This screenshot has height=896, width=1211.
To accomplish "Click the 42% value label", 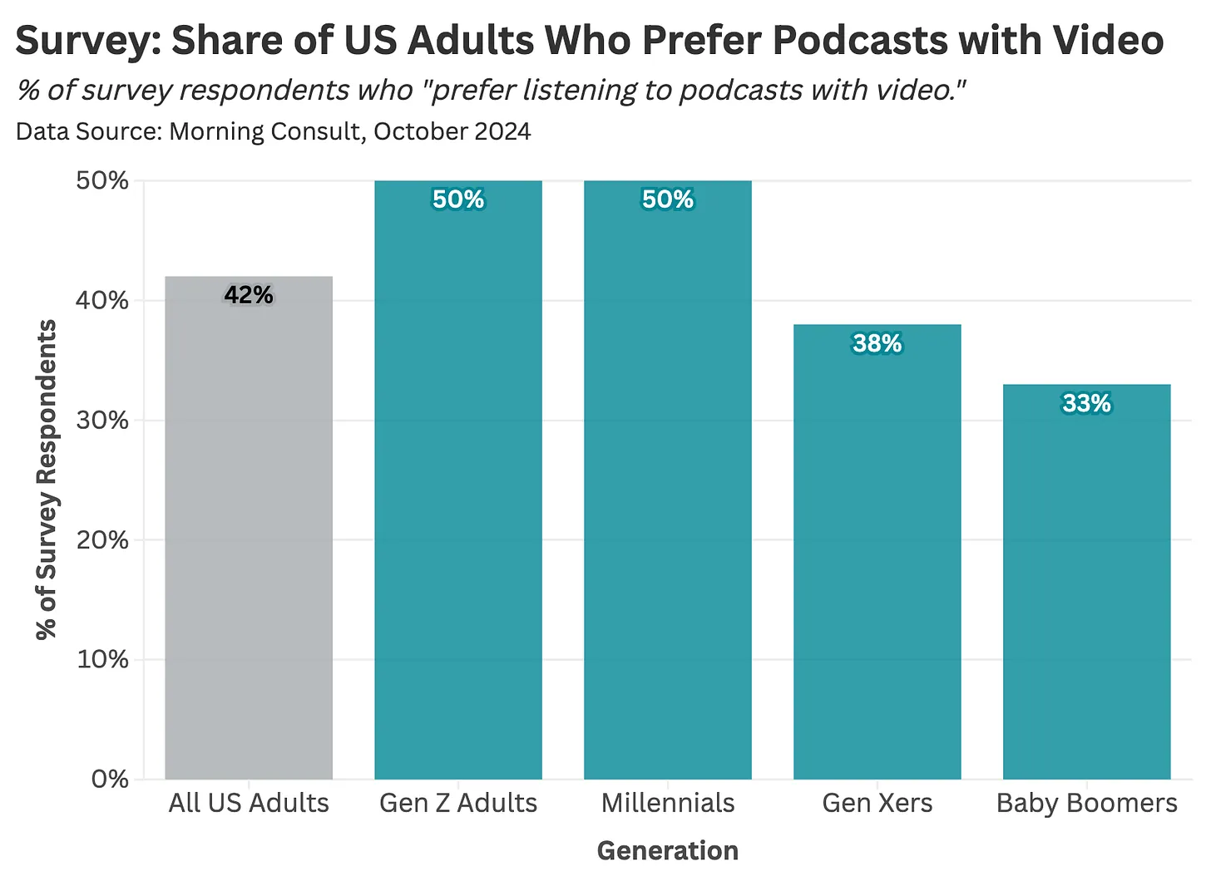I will coord(249,295).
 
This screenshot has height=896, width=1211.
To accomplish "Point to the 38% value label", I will coord(877,343).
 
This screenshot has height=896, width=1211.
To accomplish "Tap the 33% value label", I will coord(1086,403).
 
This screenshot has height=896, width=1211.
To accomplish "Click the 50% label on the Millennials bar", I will coord(668,199).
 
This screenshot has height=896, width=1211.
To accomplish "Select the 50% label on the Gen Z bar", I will coord(458,199).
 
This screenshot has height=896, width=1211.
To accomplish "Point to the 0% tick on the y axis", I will coord(110,780).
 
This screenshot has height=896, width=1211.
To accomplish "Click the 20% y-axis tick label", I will coord(102,540).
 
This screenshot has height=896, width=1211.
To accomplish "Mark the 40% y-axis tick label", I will coord(102,301).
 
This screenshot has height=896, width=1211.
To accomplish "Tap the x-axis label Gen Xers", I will coord(877,803).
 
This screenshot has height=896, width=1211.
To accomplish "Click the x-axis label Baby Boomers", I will coord(1086,803).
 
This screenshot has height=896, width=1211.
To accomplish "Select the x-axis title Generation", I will coord(668,850).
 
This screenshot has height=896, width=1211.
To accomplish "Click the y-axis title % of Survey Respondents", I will coord(47,480).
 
